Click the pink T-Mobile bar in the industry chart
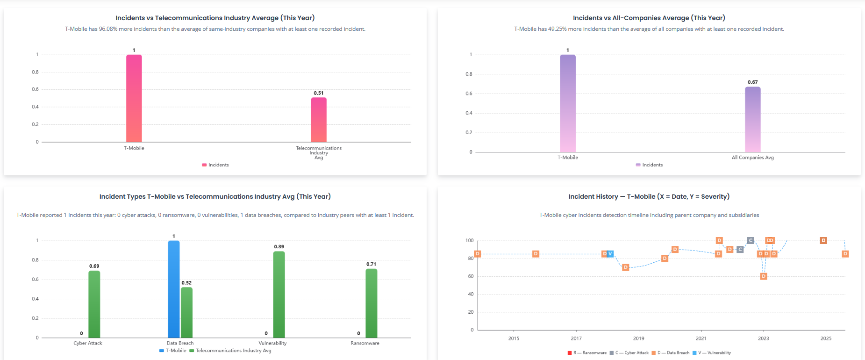tap(134, 98)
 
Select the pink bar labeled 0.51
tap(319, 120)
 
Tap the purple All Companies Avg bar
tap(752, 119)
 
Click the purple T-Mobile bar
tap(568, 103)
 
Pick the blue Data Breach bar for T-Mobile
tap(174, 289)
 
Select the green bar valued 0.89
tap(279, 295)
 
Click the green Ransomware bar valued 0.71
tap(372, 303)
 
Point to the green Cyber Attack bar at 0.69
tap(94, 304)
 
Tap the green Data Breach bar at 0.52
tap(186, 312)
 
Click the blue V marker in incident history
tap(610, 254)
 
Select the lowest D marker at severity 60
tap(763, 276)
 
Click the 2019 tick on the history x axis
tap(638, 338)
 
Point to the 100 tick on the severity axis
tap(469, 240)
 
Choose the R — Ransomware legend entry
tap(587, 353)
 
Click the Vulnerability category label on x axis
tap(272, 343)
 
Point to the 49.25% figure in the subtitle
tap(558, 29)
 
